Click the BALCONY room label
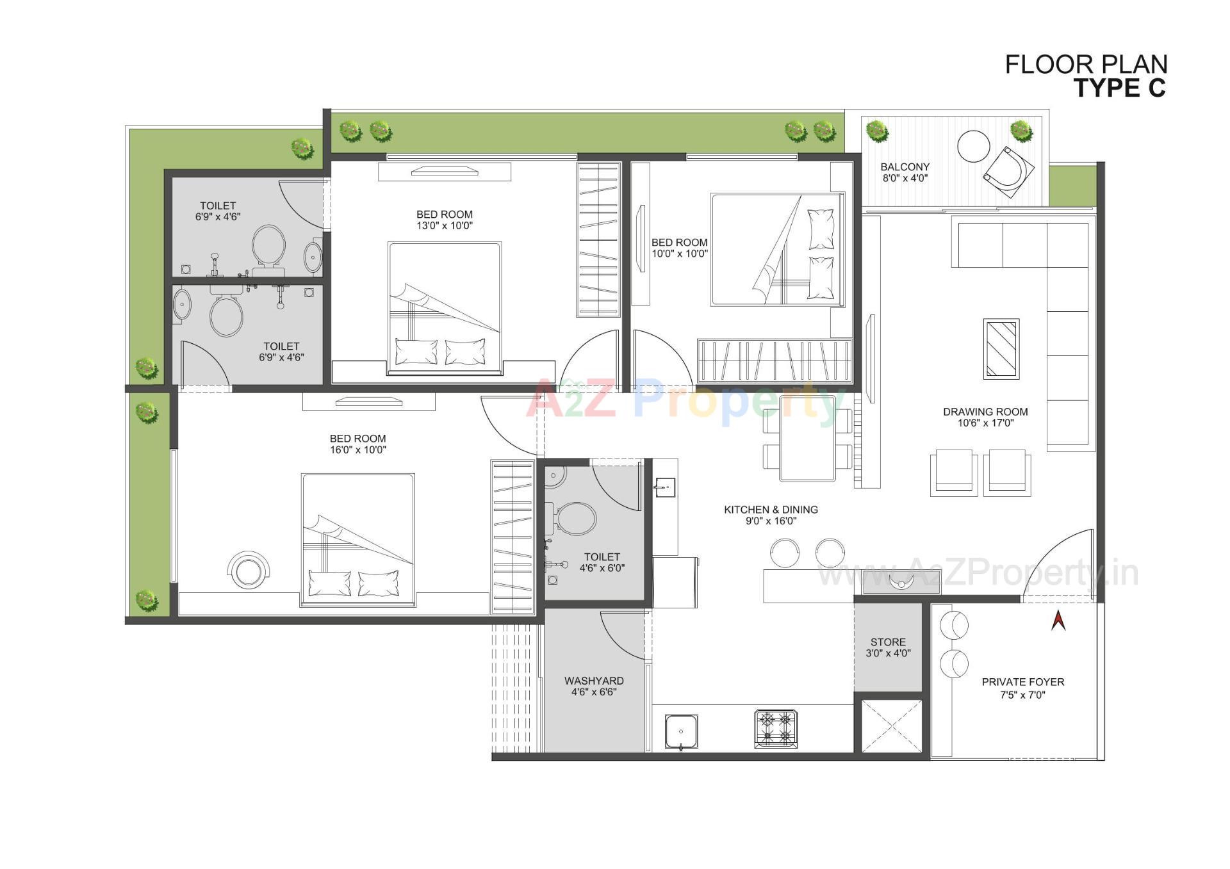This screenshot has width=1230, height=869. (905, 166)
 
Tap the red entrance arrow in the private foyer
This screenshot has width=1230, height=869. (1058, 620)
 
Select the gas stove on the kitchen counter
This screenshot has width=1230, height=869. (775, 729)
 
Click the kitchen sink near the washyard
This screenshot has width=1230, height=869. (680, 731)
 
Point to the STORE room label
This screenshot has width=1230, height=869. (888, 642)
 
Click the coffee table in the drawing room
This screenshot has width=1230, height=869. (1001, 349)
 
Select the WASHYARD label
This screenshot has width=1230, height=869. (594, 681)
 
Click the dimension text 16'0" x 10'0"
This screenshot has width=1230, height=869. (357, 450)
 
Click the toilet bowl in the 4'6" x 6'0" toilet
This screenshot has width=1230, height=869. (576, 519)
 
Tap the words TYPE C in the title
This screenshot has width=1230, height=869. (1119, 88)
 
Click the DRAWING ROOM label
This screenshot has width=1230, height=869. (985, 412)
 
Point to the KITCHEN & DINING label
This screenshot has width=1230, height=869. (771, 510)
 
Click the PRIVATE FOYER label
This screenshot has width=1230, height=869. (1022, 682)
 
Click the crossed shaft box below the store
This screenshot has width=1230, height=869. (892, 727)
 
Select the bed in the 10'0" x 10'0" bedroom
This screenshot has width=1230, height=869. (776, 250)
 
